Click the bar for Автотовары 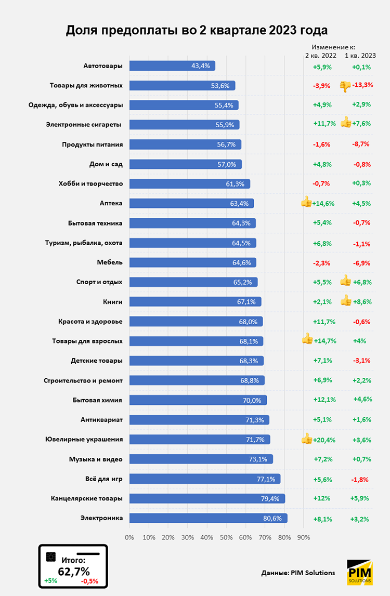coord(172,66)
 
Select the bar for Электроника coord(208,518)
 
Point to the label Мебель coord(110,262)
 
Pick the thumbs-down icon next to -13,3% coord(345,86)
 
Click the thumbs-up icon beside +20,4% coord(307,439)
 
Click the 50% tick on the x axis coord(226,537)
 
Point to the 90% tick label coord(303,537)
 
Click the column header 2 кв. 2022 coord(320,55)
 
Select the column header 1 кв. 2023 coord(360,55)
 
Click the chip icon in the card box coord(51,557)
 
